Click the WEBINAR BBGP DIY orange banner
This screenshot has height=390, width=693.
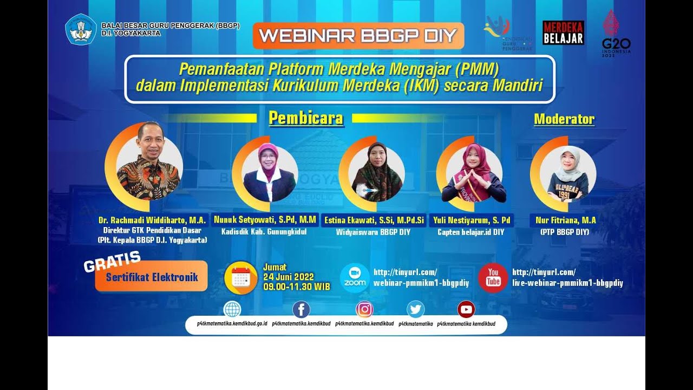point(358,36)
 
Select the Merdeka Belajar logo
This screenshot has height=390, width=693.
point(563,32)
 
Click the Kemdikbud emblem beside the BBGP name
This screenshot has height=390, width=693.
point(81,29)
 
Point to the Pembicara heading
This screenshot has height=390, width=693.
point(306,118)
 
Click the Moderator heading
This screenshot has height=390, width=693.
point(564,119)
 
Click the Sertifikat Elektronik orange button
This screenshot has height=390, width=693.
point(152,277)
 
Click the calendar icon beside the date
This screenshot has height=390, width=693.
point(240,277)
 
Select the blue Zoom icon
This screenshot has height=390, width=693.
point(355,277)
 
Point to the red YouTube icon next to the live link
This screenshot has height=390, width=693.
point(493,277)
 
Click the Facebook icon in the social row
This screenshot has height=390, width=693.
point(301,310)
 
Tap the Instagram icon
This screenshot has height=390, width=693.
point(364,309)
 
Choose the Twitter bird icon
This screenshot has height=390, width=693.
point(416,309)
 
